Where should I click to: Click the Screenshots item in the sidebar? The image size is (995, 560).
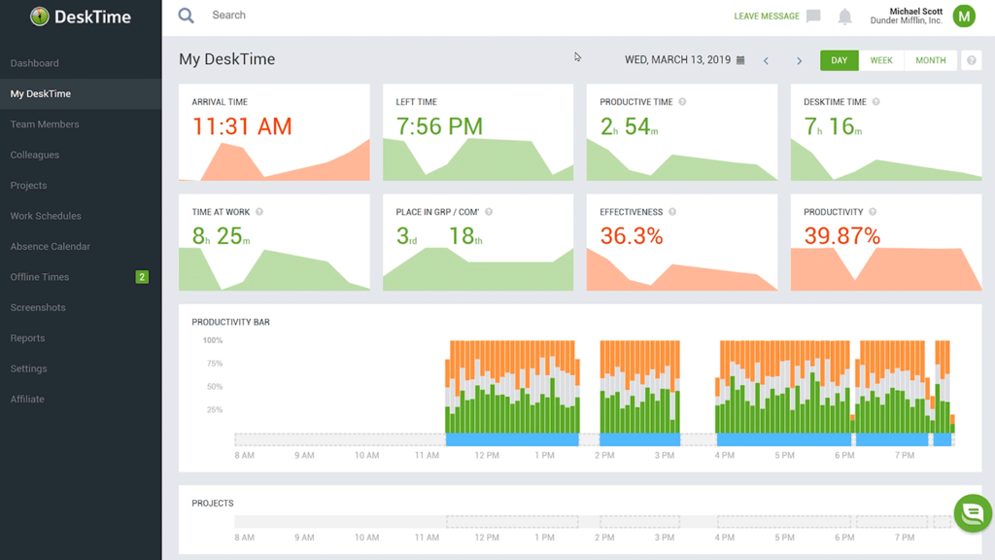(x=38, y=307)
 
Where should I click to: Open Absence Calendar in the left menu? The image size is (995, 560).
(x=51, y=247)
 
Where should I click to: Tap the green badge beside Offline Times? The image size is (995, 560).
(x=142, y=277)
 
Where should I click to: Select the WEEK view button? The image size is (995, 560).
(x=881, y=60)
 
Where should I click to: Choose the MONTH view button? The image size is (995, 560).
(x=930, y=60)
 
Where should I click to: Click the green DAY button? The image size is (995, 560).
(x=840, y=60)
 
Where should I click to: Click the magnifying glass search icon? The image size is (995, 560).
(x=187, y=16)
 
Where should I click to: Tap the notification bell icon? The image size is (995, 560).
(x=845, y=17)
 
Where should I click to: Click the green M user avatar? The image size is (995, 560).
(x=964, y=16)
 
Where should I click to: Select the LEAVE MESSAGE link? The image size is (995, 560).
(x=767, y=17)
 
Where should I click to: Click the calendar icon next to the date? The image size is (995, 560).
(x=740, y=60)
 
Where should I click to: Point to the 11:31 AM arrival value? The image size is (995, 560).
(x=242, y=126)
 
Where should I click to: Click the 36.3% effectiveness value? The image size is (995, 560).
(x=632, y=236)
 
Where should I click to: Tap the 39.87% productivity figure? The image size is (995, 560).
(x=841, y=236)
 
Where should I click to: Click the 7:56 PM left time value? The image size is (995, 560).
(x=439, y=126)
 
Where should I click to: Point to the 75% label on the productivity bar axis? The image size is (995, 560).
(x=214, y=364)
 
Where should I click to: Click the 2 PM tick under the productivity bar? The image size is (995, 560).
(x=604, y=455)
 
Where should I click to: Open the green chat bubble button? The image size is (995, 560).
(x=973, y=513)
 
